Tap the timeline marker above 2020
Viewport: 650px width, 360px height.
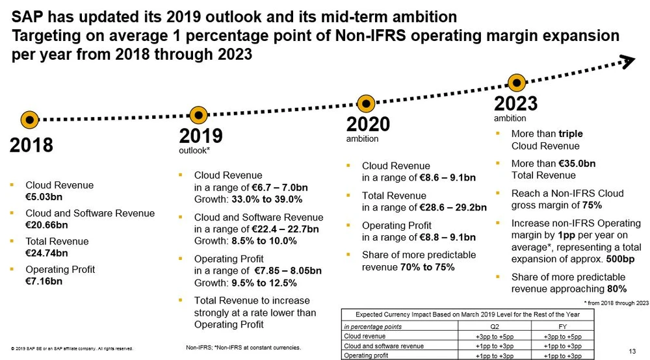pyautogui.click(x=367, y=103)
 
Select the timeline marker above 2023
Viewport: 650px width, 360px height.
pyautogui.click(x=517, y=83)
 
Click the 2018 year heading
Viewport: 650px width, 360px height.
pyautogui.click(x=31, y=145)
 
